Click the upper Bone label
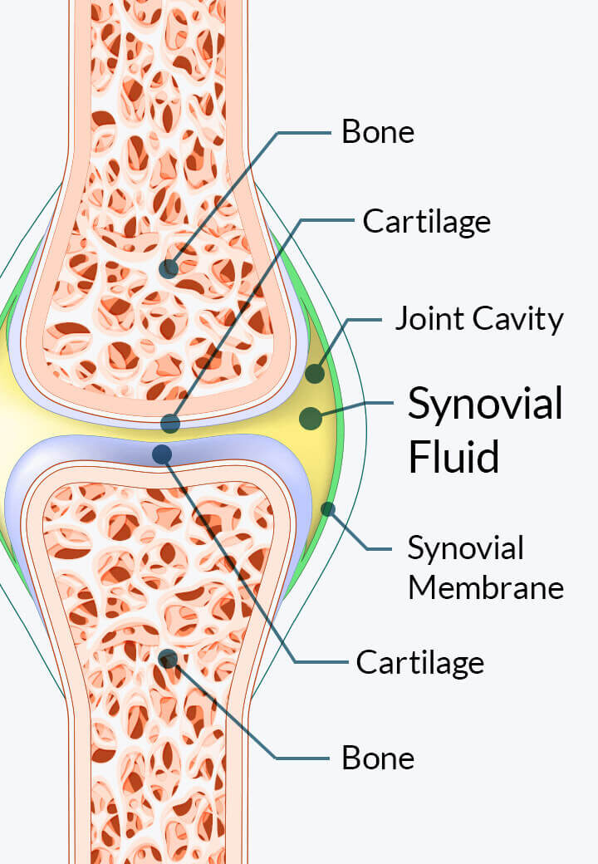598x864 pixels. (378, 132)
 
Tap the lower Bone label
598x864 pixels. (378, 758)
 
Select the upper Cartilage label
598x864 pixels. (427, 222)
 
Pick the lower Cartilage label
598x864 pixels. (420, 662)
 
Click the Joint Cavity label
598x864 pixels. (479, 319)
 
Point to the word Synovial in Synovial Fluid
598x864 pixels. (485, 405)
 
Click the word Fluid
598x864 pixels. (453, 456)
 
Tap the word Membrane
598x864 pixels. (486, 587)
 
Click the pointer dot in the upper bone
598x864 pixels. (169, 268)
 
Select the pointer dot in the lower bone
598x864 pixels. (168, 659)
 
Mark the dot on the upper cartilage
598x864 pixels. (170, 423)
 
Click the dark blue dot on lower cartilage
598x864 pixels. (162, 454)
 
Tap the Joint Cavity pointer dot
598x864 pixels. (315, 374)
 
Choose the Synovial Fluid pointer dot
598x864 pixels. (311, 419)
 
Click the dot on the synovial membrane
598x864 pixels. (327, 509)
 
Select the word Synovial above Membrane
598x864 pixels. (466, 549)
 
